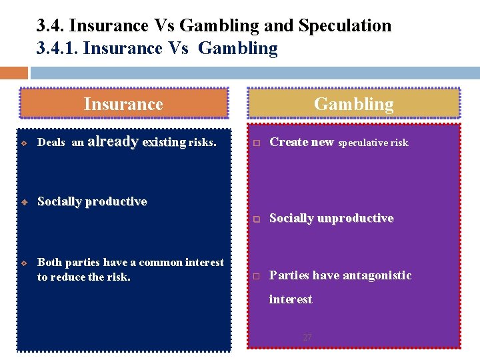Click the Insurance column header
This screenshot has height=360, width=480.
[123, 104]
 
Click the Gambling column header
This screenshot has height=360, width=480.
[353, 104]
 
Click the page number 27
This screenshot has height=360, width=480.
[307, 337]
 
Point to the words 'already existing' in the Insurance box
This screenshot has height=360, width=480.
[137, 142]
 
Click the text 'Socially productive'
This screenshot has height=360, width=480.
[92, 201]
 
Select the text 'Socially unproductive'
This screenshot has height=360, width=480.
[331, 218]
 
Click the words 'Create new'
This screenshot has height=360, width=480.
[301, 142]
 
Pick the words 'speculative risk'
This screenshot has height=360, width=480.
[373, 143]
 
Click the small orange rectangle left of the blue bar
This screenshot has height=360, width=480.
[14, 73]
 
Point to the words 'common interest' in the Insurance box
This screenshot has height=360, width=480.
[185, 263]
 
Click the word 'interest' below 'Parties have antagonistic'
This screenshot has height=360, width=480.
[290, 299]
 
